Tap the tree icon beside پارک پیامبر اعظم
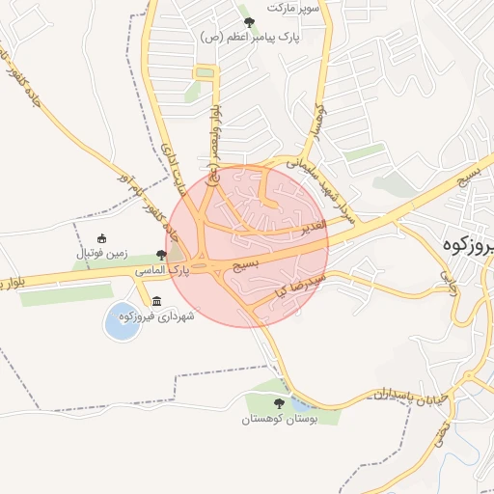249,22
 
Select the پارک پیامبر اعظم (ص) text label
251,37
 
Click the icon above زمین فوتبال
102,239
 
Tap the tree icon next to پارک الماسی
161,256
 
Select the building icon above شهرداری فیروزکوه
157,300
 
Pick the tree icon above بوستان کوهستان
279,404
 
